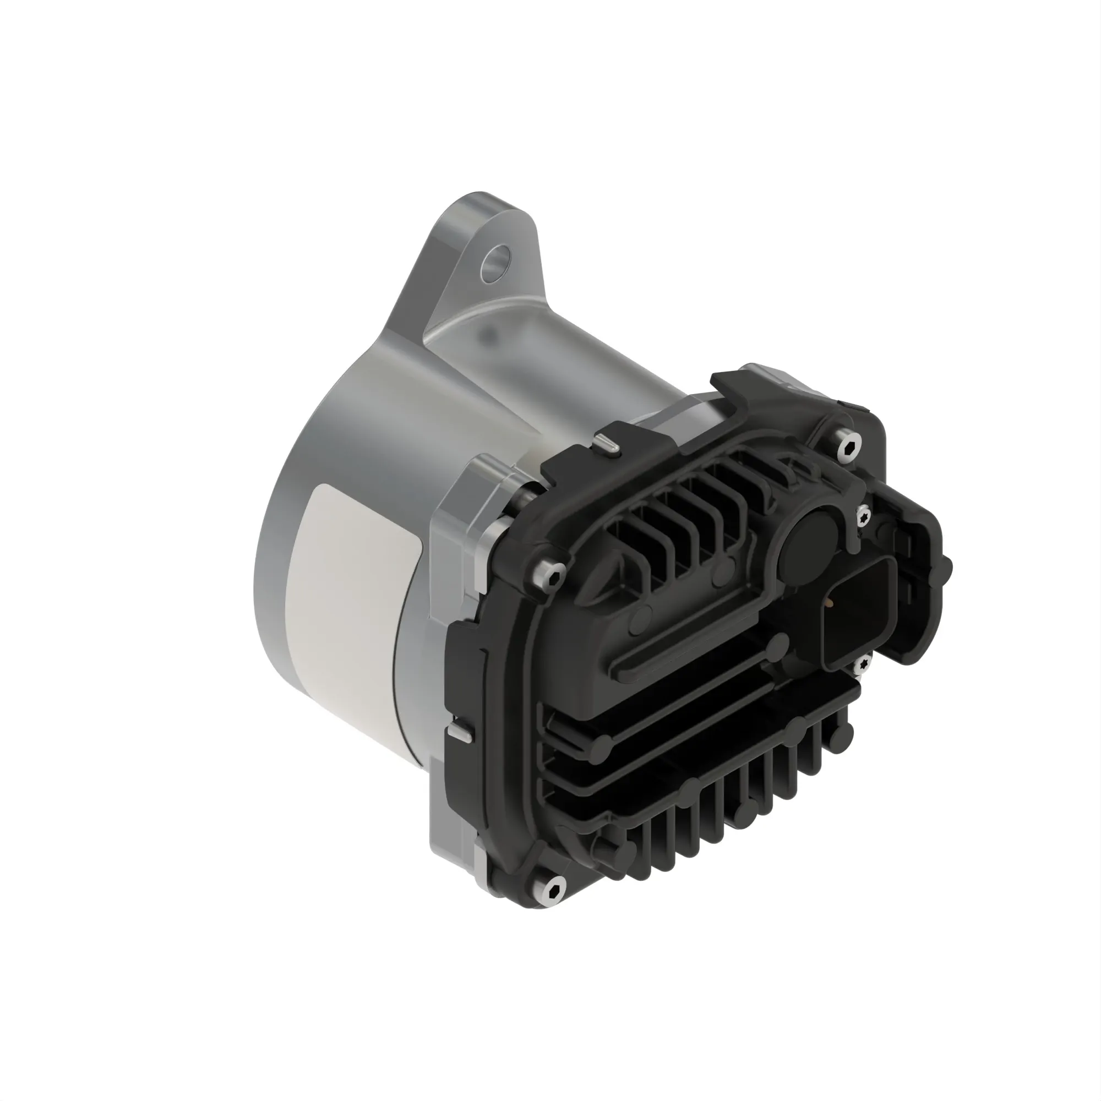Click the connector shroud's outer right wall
[926, 587]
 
